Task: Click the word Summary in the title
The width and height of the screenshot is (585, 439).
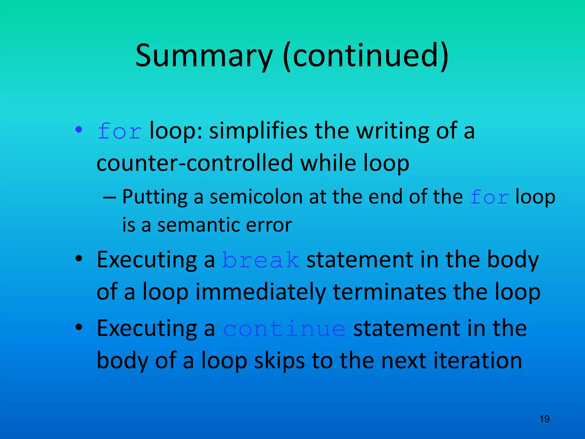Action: point(204,56)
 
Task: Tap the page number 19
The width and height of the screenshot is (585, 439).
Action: point(544,419)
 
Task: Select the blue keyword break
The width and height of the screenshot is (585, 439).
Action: point(261,260)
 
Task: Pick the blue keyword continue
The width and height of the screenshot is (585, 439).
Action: point(284,329)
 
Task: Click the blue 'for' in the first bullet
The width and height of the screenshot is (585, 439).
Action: point(120,131)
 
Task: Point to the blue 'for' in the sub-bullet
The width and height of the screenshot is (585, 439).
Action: point(489,197)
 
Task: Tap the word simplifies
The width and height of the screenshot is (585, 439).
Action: point(258,131)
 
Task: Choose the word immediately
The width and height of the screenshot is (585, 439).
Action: point(261,292)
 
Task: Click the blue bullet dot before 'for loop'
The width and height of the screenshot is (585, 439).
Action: point(79,130)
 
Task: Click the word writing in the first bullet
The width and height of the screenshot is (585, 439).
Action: point(393,131)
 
